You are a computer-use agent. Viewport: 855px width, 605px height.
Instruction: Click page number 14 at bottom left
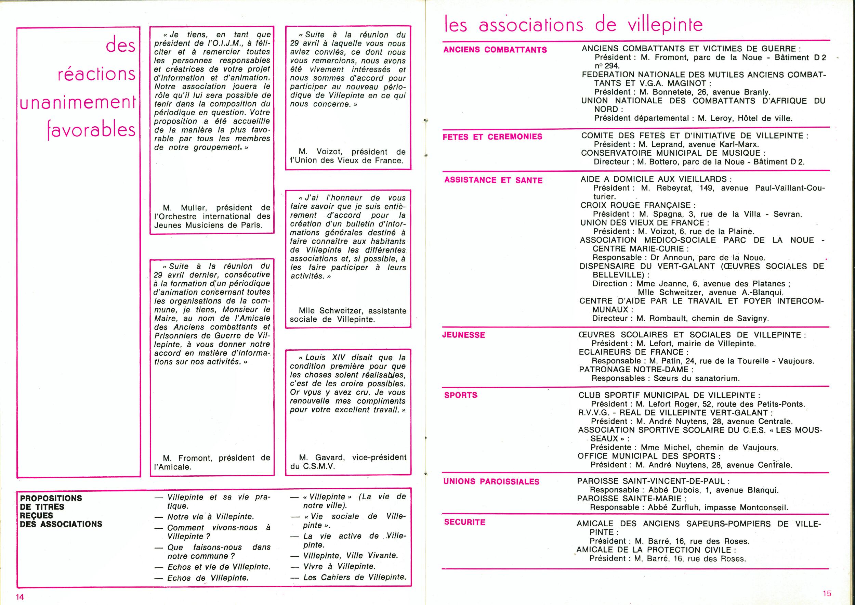tap(20, 597)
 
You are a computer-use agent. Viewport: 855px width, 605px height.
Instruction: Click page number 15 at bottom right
tap(827, 593)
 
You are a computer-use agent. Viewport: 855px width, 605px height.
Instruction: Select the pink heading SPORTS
tap(461, 395)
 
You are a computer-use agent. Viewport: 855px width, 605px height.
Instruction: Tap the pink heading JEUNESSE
tap(464, 335)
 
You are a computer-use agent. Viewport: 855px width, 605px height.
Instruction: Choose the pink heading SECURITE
tap(464, 522)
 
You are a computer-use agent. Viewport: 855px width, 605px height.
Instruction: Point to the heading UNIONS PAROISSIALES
tap(491, 482)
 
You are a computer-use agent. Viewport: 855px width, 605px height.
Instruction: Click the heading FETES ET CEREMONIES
tap(492, 137)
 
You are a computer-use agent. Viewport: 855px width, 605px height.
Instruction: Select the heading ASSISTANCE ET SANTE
tap(494, 180)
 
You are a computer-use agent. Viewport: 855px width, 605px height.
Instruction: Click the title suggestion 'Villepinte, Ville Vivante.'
tap(351, 555)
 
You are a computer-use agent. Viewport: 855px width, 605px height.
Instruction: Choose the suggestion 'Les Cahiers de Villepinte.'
tap(354, 577)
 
